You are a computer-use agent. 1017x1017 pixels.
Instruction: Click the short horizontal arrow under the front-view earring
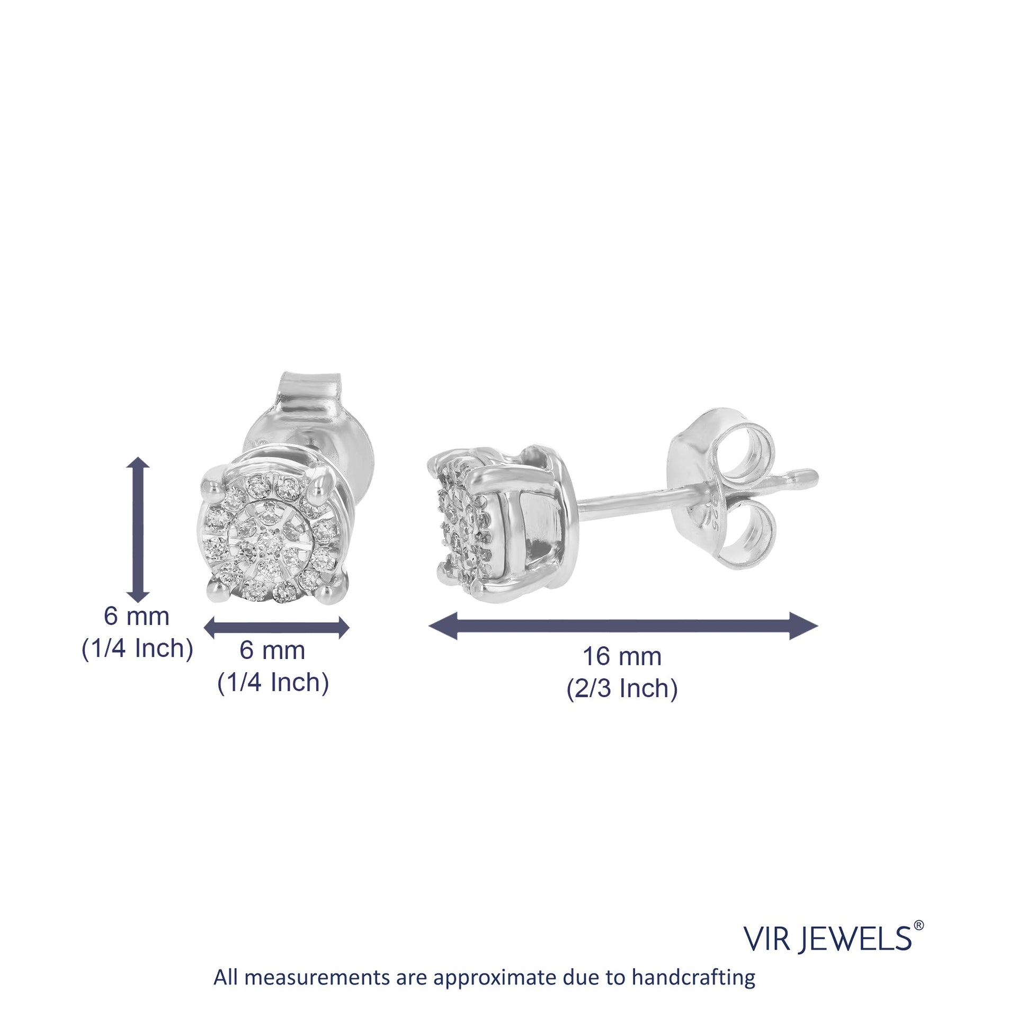pyautogui.click(x=276, y=628)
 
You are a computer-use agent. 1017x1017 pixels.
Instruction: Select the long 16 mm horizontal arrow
pyautogui.click(x=623, y=626)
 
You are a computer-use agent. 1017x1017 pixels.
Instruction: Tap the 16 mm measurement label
pyautogui.click(x=622, y=657)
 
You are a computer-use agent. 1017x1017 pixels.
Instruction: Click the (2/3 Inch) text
pyautogui.click(x=622, y=689)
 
